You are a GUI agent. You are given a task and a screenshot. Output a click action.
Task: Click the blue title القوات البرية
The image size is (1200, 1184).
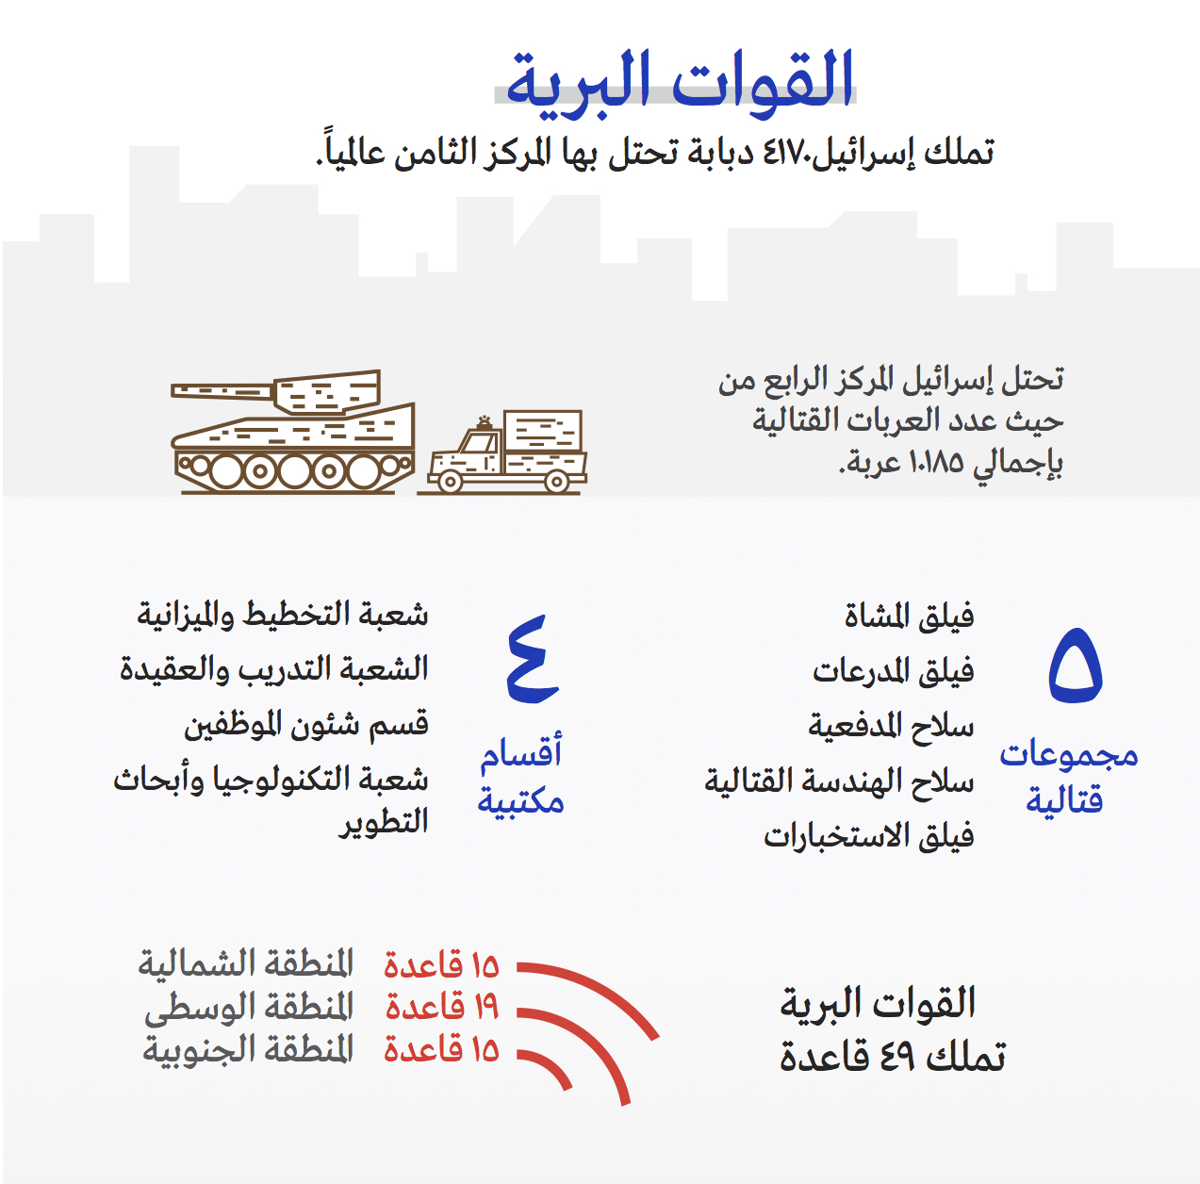point(680,85)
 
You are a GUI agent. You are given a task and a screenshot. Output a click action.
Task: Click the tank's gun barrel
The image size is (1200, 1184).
point(222,391)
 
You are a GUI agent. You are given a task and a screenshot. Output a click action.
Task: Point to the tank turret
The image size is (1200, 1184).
point(327,392)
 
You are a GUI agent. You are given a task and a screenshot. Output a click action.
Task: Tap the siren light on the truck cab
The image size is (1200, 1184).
point(485,423)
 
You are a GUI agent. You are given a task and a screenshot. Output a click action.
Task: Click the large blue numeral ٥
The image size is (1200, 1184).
point(1076,666)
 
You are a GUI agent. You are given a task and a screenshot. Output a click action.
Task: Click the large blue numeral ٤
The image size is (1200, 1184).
point(533,659)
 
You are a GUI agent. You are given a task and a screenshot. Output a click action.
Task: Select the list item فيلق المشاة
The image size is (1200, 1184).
point(909,617)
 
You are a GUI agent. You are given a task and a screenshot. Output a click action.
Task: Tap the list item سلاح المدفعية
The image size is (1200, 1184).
point(891,726)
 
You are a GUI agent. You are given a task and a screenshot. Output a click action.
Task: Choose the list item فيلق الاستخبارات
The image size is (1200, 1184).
point(869,836)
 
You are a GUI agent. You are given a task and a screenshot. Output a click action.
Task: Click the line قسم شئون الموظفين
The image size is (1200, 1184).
point(306,725)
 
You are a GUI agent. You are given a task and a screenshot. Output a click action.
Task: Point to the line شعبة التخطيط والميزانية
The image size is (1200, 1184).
point(283,616)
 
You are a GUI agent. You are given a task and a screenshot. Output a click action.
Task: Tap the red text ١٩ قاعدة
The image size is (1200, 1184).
point(441,1007)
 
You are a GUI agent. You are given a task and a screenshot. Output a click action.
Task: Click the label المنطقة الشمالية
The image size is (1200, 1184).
point(245,963)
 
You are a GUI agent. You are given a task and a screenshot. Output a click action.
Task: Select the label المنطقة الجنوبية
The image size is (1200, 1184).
point(249,1049)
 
